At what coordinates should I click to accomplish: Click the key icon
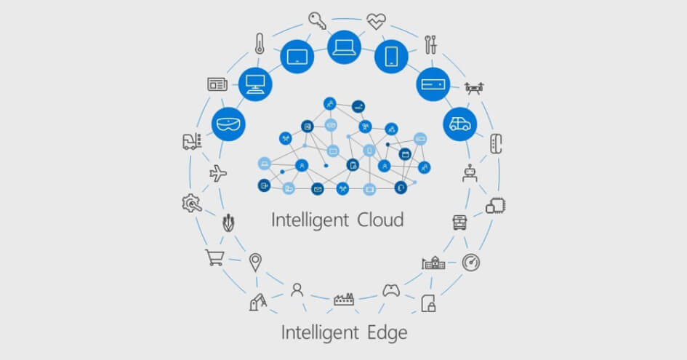pyautogui.click(x=317, y=20)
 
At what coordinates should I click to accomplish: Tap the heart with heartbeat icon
pyautogui.click(x=376, y=22)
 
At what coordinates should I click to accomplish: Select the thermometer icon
pyautogui.click(x=260, y=44)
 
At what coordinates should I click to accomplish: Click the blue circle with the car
pyautogui.click(x=459, y=124)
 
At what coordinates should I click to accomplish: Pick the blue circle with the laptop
pyautogui.click(x=344, y=47)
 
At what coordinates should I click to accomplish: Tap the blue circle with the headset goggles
pyautogui.click(x=228, y=124)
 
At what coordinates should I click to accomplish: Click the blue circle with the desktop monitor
pyautogui.click(x=255, y=84)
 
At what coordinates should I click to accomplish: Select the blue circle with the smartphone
pyautogui.click(x=391, y=57)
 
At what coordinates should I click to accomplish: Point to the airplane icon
pyautogui.click(x=218, y=174)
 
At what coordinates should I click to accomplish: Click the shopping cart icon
pyautogui.click(x=215, y=257)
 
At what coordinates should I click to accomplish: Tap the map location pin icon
pyautogui.click(x=255, y=263)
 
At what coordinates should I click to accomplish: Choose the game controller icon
pyautogui.click(x=391, y=290)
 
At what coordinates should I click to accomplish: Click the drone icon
pyautogui.click(x=474, y=88)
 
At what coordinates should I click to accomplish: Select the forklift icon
pyautogui.click(x=192, y=141)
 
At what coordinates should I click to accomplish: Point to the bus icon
pyautogui.click(x=459, y=223)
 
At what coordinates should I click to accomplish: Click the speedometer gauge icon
pyautogui.click(x=471, y=263)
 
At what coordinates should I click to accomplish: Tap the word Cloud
pyautogui.click(x=380, y=220)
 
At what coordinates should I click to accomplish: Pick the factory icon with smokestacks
pyautogui.click(x=344, y=299)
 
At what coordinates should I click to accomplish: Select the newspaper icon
pyautogui.click(x=217, y=84)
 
